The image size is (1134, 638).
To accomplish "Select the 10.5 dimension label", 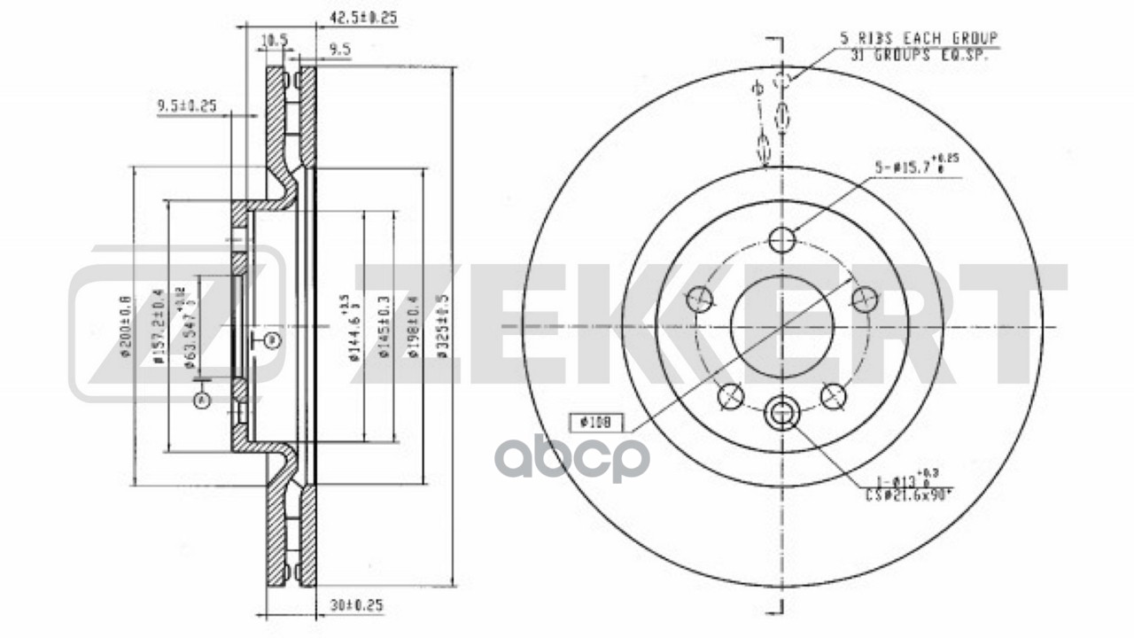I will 275,39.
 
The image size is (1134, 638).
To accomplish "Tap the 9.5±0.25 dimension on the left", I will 187,106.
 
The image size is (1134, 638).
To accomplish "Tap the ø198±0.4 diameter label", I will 412,326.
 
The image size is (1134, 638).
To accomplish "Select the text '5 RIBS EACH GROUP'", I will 920,38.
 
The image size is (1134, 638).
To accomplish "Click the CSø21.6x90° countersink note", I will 909,495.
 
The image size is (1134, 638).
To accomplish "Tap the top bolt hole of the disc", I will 781,239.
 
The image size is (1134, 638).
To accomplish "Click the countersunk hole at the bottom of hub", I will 781,412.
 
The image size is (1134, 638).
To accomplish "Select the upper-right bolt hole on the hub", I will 863,299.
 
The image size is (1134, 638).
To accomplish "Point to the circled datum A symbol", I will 202,401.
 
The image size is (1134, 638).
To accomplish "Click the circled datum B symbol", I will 272,339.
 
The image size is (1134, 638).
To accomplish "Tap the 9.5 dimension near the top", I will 338,51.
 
